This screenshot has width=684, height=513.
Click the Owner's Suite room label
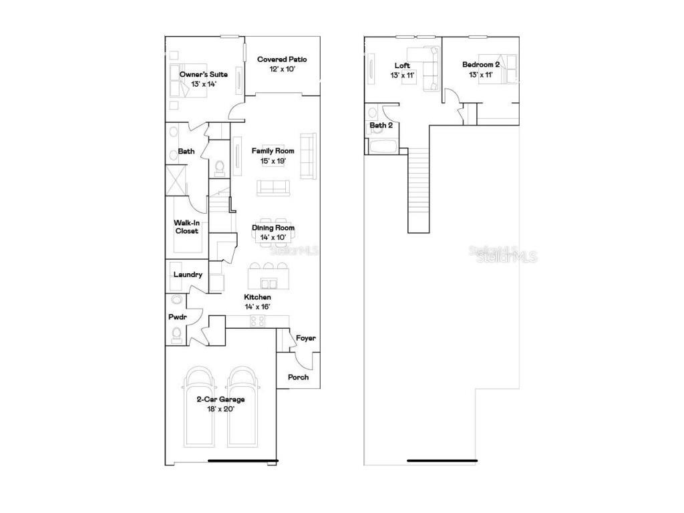pos(204,74)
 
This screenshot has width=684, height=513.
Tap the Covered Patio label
pos(282,59)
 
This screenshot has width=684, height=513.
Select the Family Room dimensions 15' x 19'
pos(273,161)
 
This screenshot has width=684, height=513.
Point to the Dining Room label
pos(273,228)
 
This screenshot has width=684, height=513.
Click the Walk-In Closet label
pos(186,226)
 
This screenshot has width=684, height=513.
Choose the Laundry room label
pos(188,275)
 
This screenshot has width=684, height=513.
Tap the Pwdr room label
pos(177,317)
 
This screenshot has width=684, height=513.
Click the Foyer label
pos(306,338)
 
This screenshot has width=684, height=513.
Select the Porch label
pos(298,377)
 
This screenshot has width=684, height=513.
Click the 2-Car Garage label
pos(220,399)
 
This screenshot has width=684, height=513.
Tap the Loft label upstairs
pos(402,65)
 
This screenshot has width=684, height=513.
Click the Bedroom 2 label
pos(481,65)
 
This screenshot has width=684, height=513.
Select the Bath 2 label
pos(381,125)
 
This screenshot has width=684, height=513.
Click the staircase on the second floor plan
pos(419,190)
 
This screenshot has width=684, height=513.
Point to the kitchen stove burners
pos(257,321)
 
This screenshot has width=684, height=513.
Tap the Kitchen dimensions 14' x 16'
pos(257,307)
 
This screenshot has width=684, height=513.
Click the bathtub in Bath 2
pos(383,146)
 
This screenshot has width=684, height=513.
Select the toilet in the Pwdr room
pos(176,334)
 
